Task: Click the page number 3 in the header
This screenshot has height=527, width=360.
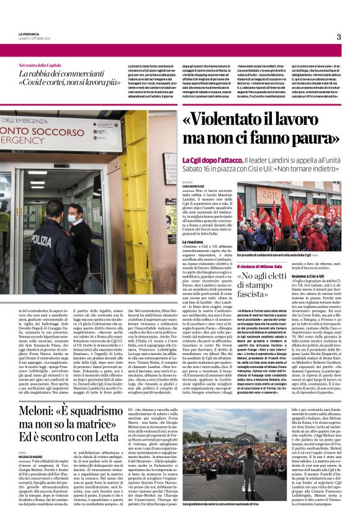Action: [x=338, y=37]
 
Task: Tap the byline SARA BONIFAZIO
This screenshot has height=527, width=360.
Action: [x=194, y=186]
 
